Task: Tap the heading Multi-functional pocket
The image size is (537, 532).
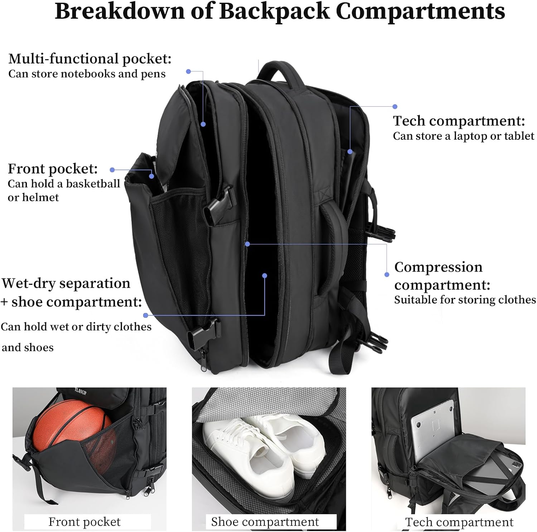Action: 90,59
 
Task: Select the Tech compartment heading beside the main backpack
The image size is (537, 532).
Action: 459,121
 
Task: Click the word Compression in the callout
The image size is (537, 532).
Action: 439,267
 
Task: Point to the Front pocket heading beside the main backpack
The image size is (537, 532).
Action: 53,168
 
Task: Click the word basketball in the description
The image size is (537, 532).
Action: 93,183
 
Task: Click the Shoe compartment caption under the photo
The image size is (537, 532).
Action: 265,522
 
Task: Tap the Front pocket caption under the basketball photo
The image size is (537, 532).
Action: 84,522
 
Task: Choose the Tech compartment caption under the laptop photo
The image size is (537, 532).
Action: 459,522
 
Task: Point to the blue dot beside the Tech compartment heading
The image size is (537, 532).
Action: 395,106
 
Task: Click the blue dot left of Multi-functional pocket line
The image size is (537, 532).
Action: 188,72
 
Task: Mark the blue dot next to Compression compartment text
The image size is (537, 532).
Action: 387,274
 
